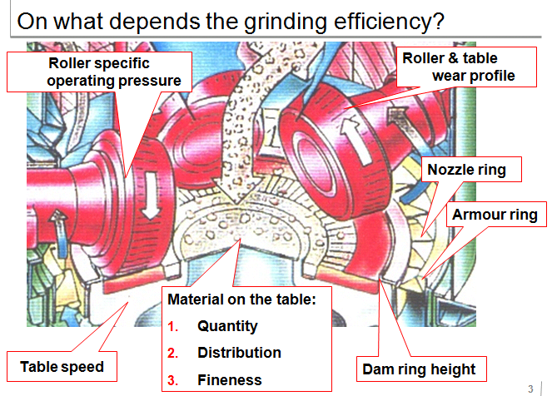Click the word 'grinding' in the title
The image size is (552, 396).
(286, 22)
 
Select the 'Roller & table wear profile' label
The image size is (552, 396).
(459, 67)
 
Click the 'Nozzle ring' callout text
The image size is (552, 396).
(466, 170)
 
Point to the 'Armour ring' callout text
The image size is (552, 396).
(495, 215)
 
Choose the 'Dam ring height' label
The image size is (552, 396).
(419, 369)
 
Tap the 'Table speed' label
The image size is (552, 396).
(62, 366)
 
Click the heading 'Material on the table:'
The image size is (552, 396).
(241, 299)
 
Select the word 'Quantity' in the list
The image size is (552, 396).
(227, 326)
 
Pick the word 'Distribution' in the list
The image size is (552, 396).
(240, 353)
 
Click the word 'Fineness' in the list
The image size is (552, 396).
(230, 380)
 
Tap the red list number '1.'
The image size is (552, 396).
(173, 327)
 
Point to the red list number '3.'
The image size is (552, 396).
(173, 380)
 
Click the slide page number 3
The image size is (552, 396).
(530, 389)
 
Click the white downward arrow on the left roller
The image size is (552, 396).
(151, 196)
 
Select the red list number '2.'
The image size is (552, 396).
(173, 353)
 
